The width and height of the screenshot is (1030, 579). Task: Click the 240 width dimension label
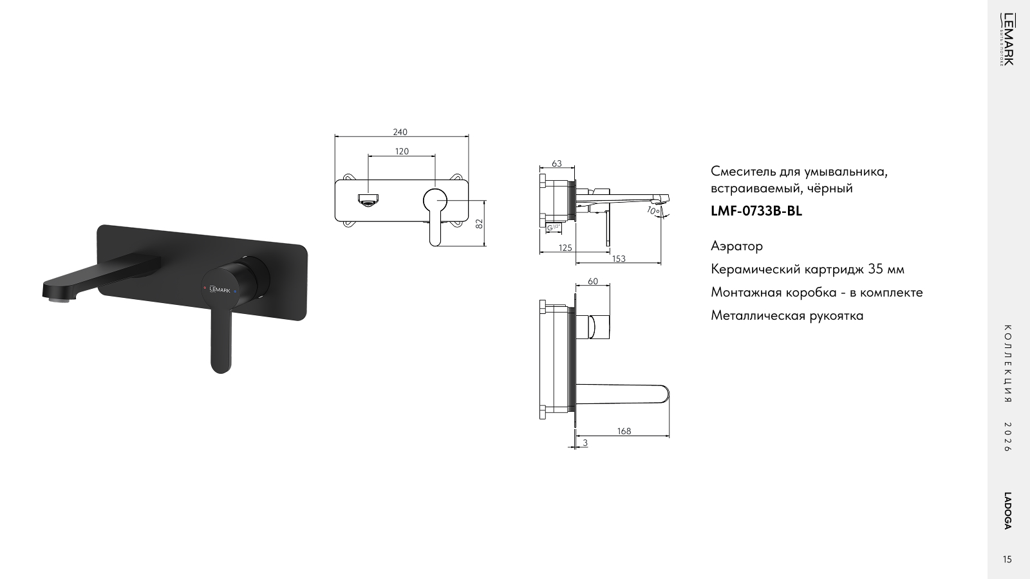pos(400,132)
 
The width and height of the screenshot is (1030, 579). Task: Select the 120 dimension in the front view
pos(402,151)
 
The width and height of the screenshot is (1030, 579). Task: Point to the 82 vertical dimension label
pos(479,223)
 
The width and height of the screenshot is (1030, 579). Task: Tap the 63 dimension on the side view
pos(556,163)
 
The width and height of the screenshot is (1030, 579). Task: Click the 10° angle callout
pos(653,211)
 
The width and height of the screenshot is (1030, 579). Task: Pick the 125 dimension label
pos(565,248)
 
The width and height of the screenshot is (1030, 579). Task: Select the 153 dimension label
pos(619,259)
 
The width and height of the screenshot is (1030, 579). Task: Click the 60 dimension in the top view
pos(593,281)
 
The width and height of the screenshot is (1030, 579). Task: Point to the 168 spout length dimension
pos(624,431)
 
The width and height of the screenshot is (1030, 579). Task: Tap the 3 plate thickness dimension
pos(585,443)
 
